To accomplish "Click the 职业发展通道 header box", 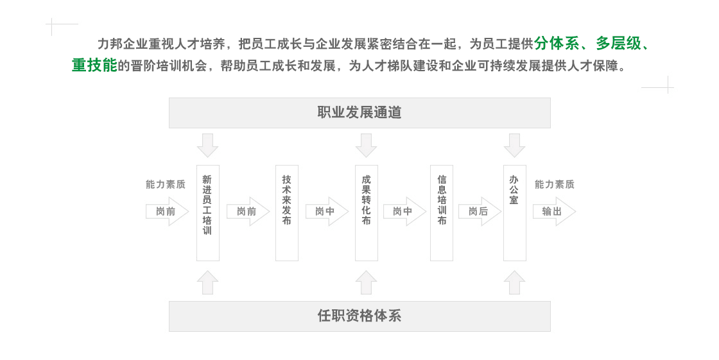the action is [359, 113].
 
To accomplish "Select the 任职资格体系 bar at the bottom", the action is [359, 316].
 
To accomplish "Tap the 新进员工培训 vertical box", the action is [208, 213].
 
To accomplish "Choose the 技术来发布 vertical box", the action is [286, 213].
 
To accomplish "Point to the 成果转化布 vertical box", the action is [367, 213].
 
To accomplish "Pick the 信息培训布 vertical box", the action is [442, 213].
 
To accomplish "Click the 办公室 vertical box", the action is [514, 213].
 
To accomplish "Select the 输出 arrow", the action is [554, 211].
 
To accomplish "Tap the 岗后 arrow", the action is [479, 211].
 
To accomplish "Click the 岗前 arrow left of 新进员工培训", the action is [167, 211].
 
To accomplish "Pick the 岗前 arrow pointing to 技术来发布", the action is [248, 211].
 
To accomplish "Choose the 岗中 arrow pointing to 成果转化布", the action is [327, 211].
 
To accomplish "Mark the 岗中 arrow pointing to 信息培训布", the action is [404, 211].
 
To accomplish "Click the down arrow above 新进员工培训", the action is [208, 146].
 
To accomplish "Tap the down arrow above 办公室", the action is [514, 146].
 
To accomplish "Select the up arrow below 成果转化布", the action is [367, 282].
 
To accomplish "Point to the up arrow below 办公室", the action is [514, 282].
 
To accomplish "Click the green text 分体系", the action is [557, 44].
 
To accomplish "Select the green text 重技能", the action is [94, 65].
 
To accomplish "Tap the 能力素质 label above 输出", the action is [555, 184].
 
